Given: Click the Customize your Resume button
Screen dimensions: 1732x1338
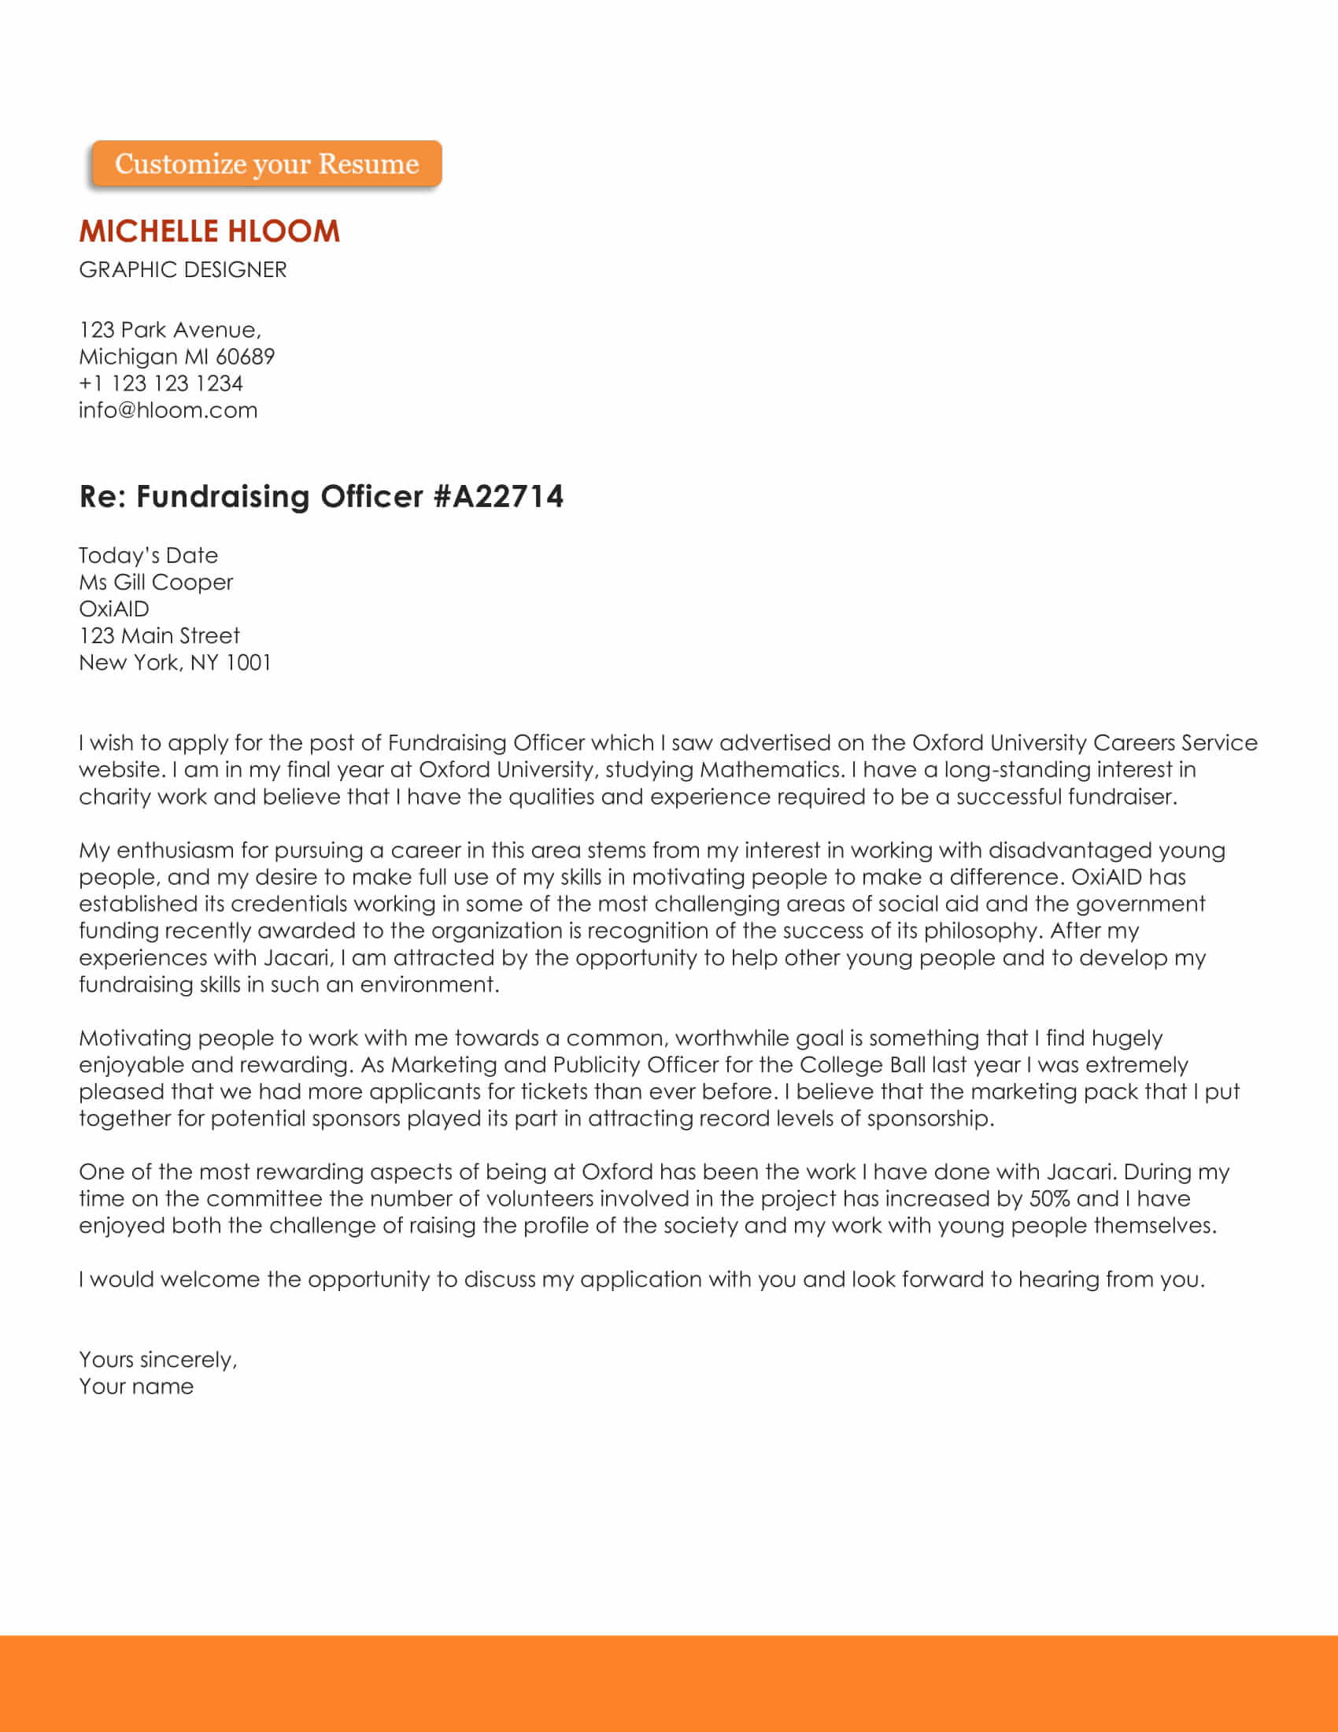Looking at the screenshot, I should click(x=266, y=165).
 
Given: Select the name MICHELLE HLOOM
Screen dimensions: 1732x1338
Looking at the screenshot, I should click(x=209, y=231).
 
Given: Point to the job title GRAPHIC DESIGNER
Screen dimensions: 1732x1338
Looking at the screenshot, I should click(x=183, y=269).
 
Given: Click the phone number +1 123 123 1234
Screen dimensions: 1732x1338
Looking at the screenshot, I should click(x=161, y=384).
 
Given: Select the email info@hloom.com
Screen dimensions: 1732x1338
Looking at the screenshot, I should click(x=168, y=410).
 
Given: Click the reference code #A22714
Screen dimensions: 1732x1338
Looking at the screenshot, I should click(x=498, y=497).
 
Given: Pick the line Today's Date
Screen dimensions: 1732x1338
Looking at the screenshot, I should click(x=148, y=555).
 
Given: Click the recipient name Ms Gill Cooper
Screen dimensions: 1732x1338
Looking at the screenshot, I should click(x=156, y=582).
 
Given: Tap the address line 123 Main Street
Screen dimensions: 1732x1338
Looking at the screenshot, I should click(x=159, y=636).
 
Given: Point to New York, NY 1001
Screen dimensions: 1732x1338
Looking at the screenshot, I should click(x=176, y=663).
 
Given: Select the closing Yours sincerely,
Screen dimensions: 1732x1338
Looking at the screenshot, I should click(x=157, y=1360).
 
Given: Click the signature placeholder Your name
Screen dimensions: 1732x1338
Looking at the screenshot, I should click(x=136, y=1387).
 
